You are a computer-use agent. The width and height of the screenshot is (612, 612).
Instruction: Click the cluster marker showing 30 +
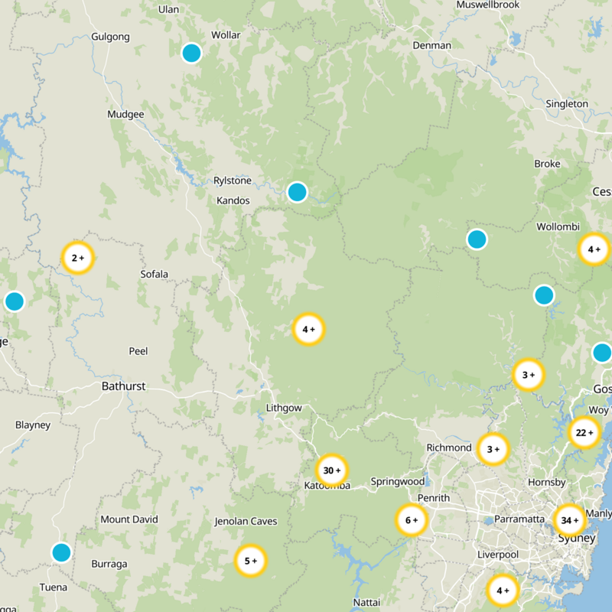tap(332, 470)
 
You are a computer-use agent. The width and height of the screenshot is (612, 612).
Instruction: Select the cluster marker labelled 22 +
tap(585, 432)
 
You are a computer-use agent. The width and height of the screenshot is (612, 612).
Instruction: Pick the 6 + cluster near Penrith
tap(412, 520)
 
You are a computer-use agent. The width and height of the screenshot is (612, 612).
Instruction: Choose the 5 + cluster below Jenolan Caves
tap(250, 561)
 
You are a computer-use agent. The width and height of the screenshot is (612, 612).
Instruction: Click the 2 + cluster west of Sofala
tap(78, 258)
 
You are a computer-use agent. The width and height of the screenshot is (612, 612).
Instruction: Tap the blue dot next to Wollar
tap(191, 53)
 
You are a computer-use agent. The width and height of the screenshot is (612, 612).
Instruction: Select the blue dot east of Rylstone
tap(298, 192)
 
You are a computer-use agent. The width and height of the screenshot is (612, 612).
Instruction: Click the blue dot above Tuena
tap(61, 552)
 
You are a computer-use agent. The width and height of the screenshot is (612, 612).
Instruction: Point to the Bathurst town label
tap(123, 386)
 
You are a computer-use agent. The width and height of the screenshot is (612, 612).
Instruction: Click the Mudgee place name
tap(125, 115)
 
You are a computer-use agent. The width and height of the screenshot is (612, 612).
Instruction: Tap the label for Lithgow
tap(284, 408)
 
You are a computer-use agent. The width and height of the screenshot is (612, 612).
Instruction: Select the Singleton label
tap(567, 103)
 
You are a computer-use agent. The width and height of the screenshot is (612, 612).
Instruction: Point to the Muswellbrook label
tap(488, 5)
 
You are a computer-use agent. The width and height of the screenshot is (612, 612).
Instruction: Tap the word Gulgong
tap(110, 37)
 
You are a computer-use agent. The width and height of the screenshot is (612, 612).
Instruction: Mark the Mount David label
tap(129, 519)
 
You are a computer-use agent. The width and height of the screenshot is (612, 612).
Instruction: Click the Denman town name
tap(431, 45)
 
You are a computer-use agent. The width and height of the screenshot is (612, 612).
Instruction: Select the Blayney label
tap(33, 425)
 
